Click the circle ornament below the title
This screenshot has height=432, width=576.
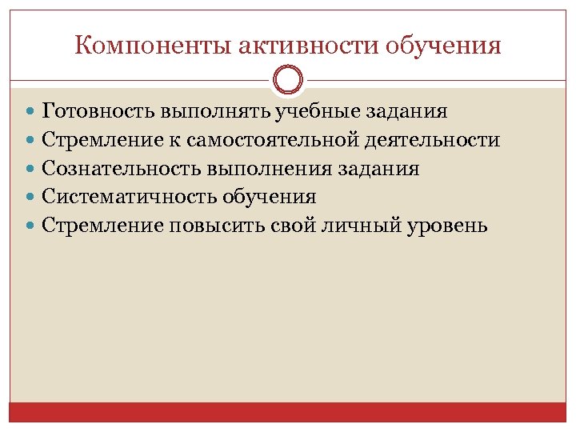pos(288,80)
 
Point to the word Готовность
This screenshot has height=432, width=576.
pos(99,111)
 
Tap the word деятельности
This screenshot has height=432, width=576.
pos(433,140)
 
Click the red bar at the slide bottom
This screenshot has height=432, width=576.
pos(288,411)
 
